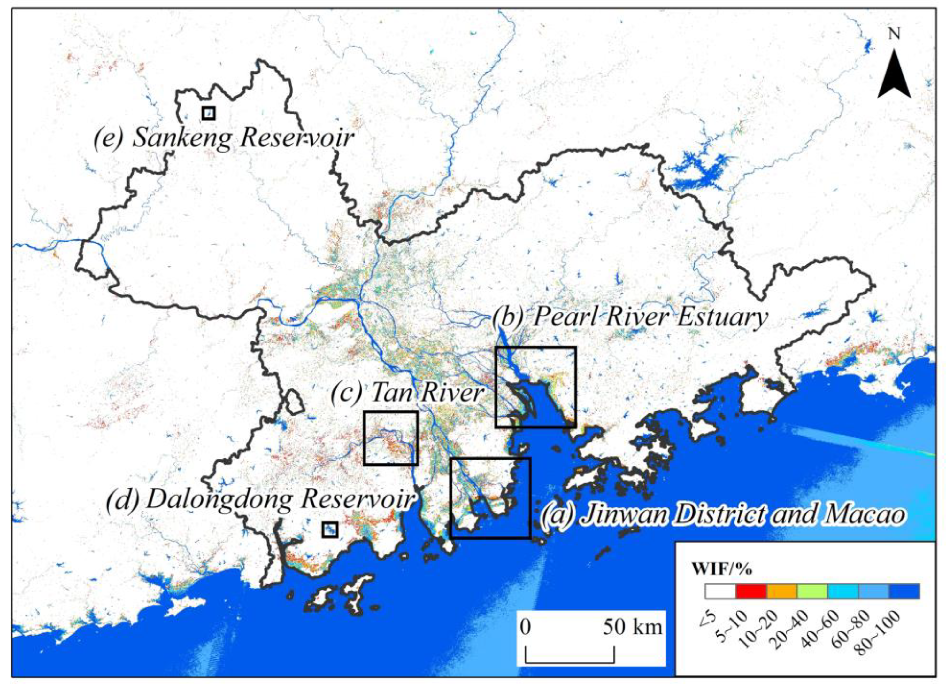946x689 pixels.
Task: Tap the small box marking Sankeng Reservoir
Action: tap(209, 113)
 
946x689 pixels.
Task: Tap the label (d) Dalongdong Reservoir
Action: tap(261, 499)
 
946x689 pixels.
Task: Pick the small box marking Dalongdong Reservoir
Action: tap(329, 529)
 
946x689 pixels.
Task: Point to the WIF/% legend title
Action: tap(722, 568)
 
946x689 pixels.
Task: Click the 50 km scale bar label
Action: tap(632, 627)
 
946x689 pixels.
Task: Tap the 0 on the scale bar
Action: tap(526, 627)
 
